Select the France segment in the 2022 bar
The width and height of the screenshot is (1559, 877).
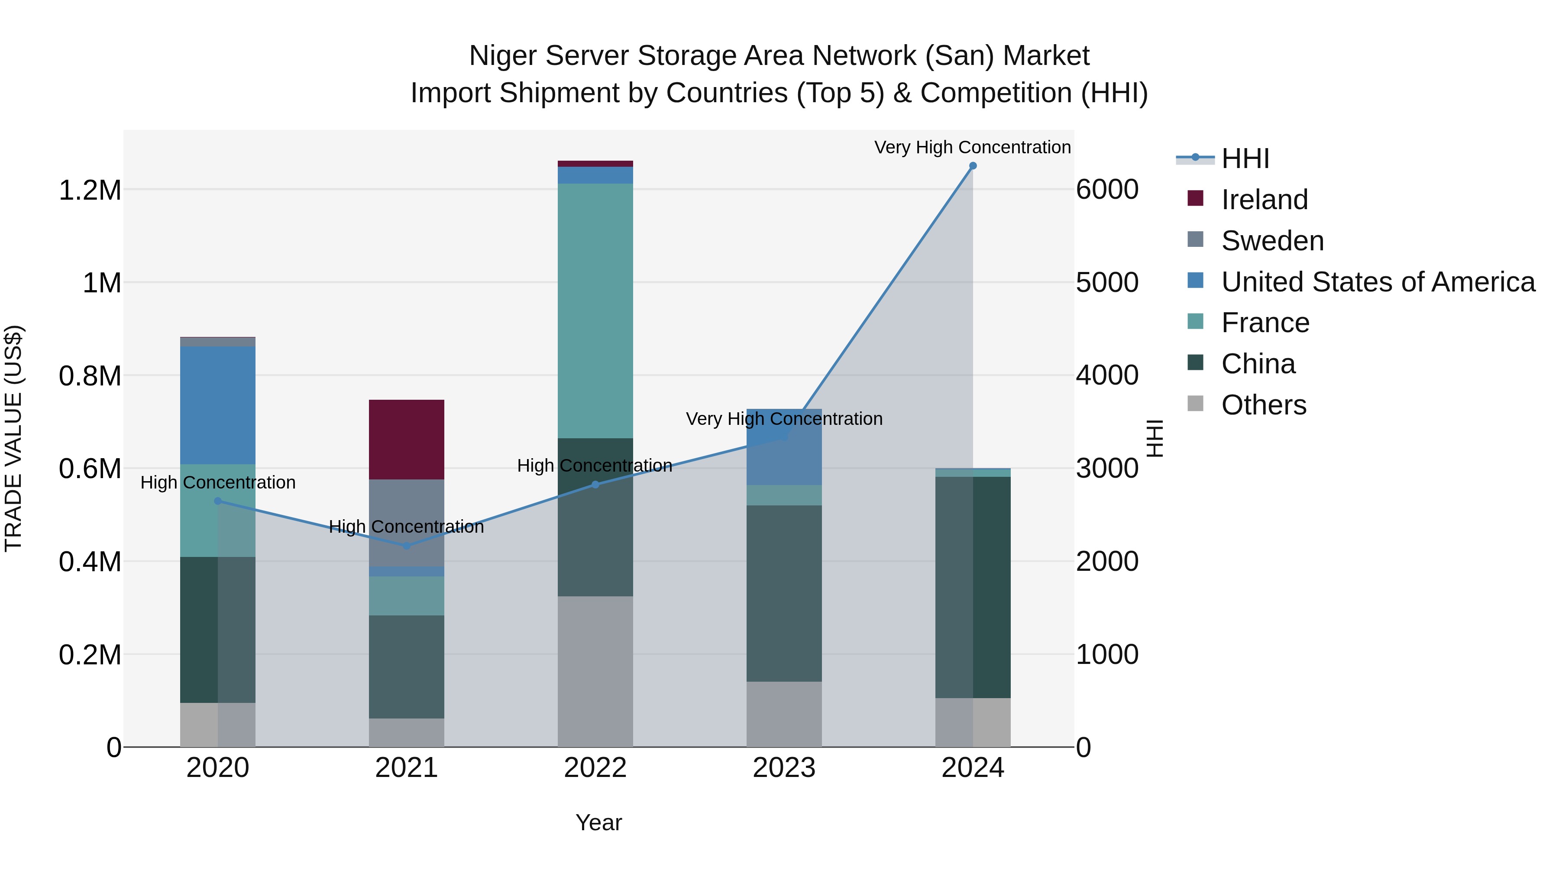595,310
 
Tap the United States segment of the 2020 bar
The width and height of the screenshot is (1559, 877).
218,405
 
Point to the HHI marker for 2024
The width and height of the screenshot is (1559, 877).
973,166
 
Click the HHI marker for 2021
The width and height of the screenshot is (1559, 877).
406,546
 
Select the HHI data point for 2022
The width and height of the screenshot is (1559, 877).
595,484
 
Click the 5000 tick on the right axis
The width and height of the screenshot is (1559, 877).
1107,283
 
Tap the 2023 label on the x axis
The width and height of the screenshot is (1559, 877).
784,768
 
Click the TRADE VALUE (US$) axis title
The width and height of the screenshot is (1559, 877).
13,438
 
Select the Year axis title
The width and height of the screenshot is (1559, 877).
598,822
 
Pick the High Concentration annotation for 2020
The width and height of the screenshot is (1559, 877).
218,482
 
